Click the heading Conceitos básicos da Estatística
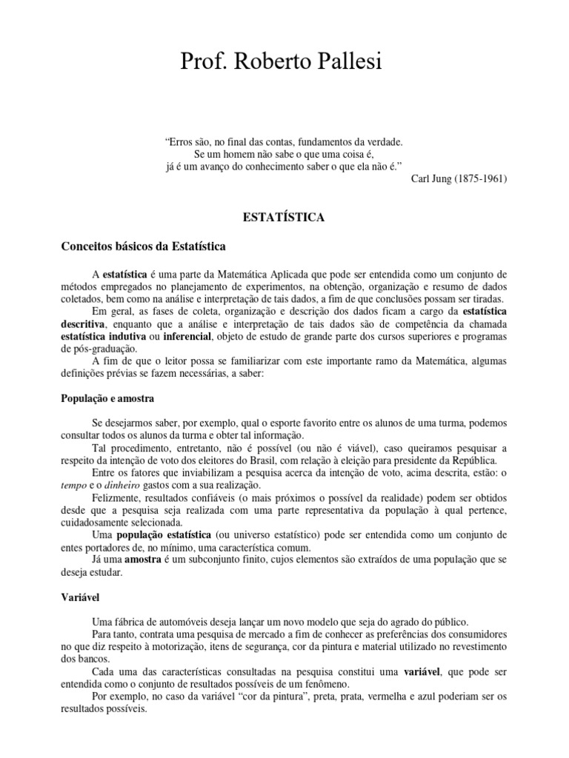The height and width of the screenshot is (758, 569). tap(143, 245)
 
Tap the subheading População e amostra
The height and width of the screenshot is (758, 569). tap(107, 398)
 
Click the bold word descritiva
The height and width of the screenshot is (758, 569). tap(84, 323)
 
